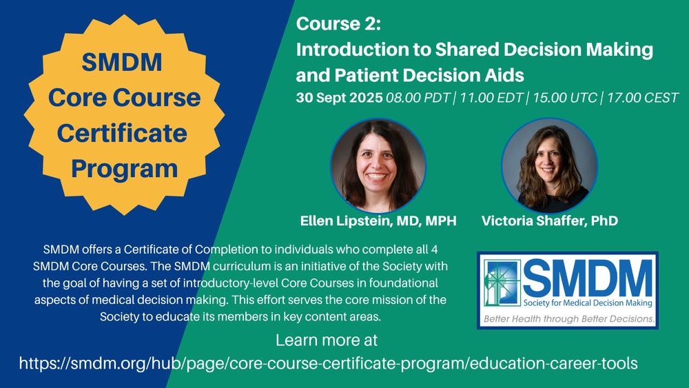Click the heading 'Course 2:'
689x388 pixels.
(338, 23)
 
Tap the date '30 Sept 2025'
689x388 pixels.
(339, 98)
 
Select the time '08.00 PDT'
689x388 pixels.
(418, 98)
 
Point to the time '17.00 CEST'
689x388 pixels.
(643, 98)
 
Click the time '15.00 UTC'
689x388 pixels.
(565, 98)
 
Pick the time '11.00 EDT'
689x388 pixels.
(491, 98)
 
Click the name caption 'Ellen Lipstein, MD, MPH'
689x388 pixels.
(378, 221)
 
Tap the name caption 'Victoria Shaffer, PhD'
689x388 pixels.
(550, 221)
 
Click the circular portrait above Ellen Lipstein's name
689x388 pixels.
(378, 165)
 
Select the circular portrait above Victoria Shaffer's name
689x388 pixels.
(549, 165)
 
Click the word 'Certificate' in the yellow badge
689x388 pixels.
(122, 133)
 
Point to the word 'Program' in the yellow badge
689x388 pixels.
(124, 169)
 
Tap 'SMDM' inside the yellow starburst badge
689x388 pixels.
(122, 62)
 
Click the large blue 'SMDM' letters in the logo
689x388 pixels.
(588, 278)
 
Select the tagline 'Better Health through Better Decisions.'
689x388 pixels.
(569, 319)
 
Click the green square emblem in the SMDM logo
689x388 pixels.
(502, 283)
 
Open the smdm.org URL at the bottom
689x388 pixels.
(328, 363)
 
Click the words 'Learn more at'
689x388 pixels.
(327, 340)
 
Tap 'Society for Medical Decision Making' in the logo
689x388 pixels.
(588, 303)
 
